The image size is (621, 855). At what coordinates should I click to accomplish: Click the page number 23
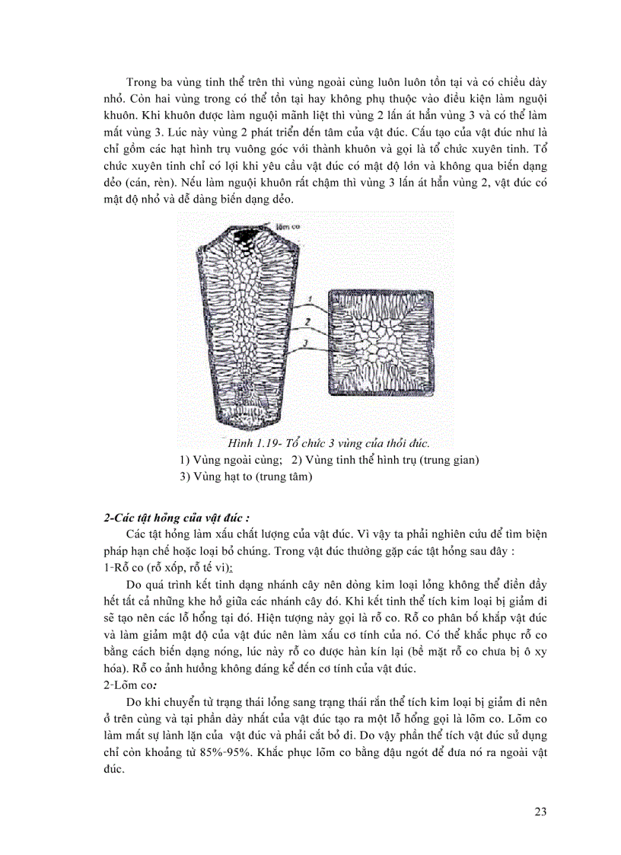coord(540,811)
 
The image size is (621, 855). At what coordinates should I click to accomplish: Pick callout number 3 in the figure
coord(304,344)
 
